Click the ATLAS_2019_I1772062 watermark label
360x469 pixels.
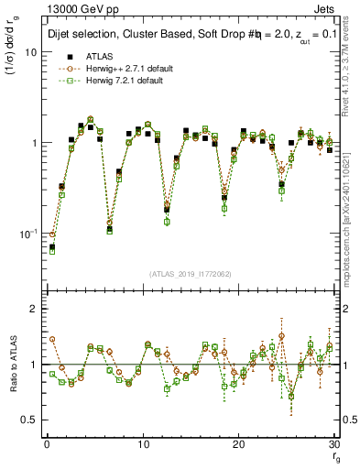click(189, 274)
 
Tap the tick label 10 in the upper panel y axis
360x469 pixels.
click(30, 52)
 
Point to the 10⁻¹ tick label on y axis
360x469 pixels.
click(27, 234)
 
